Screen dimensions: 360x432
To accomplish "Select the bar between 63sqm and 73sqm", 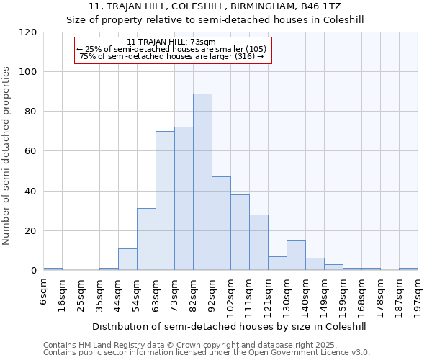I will (x=165, y=201).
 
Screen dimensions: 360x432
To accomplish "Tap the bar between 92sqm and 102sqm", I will (x=221, y=223).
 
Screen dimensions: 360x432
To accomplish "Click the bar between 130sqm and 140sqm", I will (x=296, y=256).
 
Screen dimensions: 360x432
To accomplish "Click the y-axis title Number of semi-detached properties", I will (x=7, y=156).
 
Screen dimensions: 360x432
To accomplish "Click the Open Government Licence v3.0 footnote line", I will (x=207, y=353).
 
